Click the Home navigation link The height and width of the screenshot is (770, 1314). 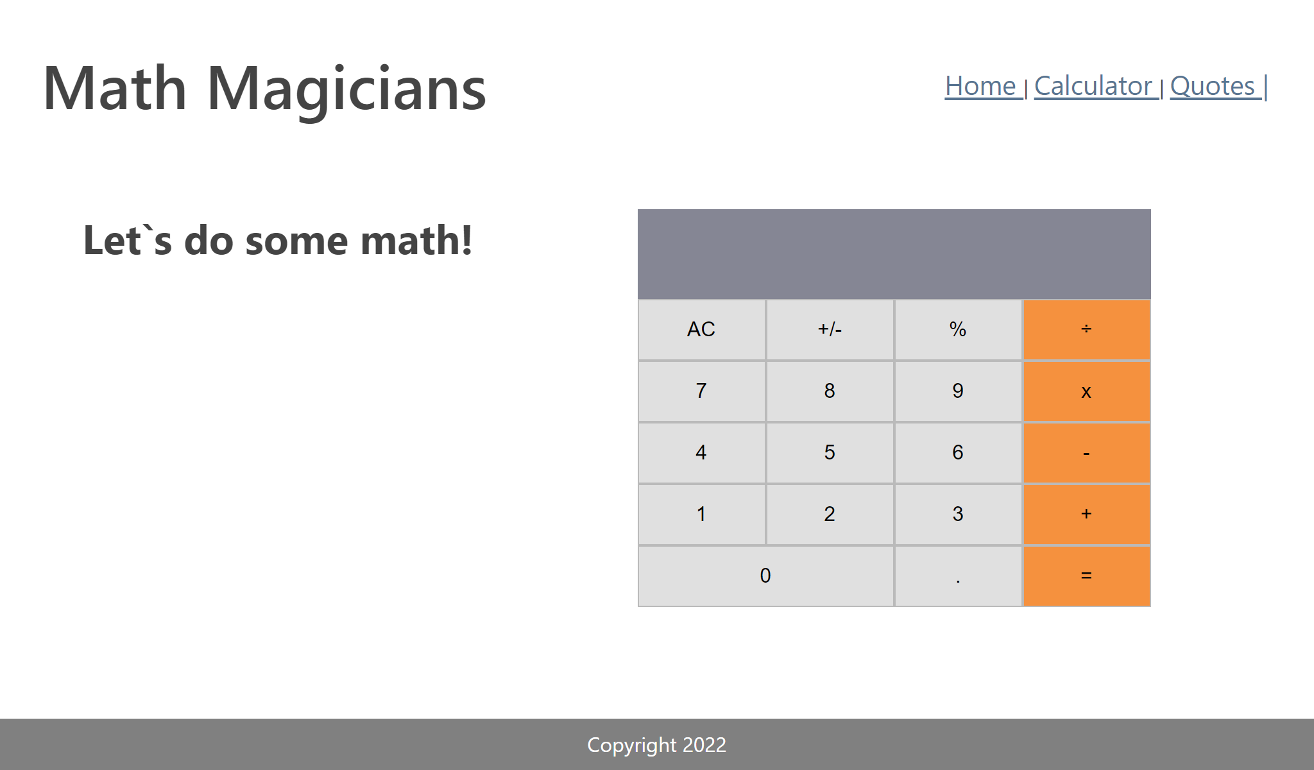click(980, 86)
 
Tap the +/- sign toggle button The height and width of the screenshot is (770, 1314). click(830, 330)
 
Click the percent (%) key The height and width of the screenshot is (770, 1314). click(958, 330)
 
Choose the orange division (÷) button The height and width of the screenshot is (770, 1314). click(1086, 330)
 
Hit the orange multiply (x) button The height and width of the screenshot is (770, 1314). click(1086, 391)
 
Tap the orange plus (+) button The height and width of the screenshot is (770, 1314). click(1086, 515)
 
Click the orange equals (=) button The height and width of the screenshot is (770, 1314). click(1086, 576)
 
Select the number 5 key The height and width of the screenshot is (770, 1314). click(830, 453)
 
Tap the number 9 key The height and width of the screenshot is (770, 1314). click(958, 391)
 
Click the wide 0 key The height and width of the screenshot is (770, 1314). click(765, 576)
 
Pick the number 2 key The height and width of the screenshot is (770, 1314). click(830, 515)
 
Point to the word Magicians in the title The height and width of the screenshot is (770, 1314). click(346, 90)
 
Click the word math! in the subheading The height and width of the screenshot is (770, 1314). click(416, 241)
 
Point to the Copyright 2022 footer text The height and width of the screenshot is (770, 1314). click(656, 745)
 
